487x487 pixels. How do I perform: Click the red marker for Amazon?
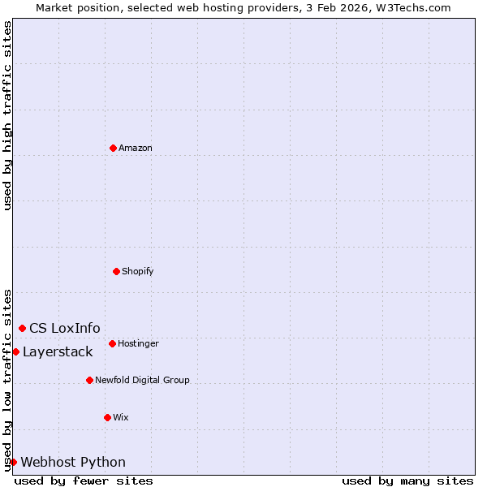pyautogui.click(x=113, y=148)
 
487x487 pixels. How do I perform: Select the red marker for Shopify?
pyautogui.click(x=116, y=271)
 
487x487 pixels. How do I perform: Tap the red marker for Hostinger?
pyautogui.click(x=112, y=343)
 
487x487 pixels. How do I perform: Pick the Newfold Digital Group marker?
pyautogui.click(x=89, y=380)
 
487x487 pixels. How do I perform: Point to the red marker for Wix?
pyautogui.click(x=107, y=417)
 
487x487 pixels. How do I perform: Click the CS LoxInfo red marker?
pyautogui.click(x=22, y=328)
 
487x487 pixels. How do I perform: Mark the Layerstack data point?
pyautogui.click(x=15, y=351)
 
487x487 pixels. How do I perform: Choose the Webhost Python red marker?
pyautogui.click(x=13, y=462)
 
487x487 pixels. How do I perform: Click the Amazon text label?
pyautogui.click(x=136, y=148)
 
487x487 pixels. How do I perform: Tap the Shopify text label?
pyautogui.click(x=138, y=271)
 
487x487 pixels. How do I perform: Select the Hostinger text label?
pyautogui.click(x=138, y=343)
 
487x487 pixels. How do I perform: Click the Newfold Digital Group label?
pyautogui.click(x=142, y=380)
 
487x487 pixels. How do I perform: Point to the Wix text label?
pyautogui.click(x=121, y=417)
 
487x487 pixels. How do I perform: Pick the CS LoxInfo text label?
pyautogui.click(x=65, y=328)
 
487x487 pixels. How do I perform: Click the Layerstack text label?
pyautogui.click(x=58, y=351)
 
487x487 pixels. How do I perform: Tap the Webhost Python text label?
pyautogui.click(x=73, y=462)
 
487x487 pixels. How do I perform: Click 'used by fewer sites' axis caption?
pyautogui.click(x=84, y=481)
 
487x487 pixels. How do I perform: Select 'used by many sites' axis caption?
pyautogui.click(x=407, y=481)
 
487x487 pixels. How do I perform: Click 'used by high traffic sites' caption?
pyautogui.click(x=7, y=115)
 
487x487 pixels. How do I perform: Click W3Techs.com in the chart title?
pyautogui.click(x=413, y=7)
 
